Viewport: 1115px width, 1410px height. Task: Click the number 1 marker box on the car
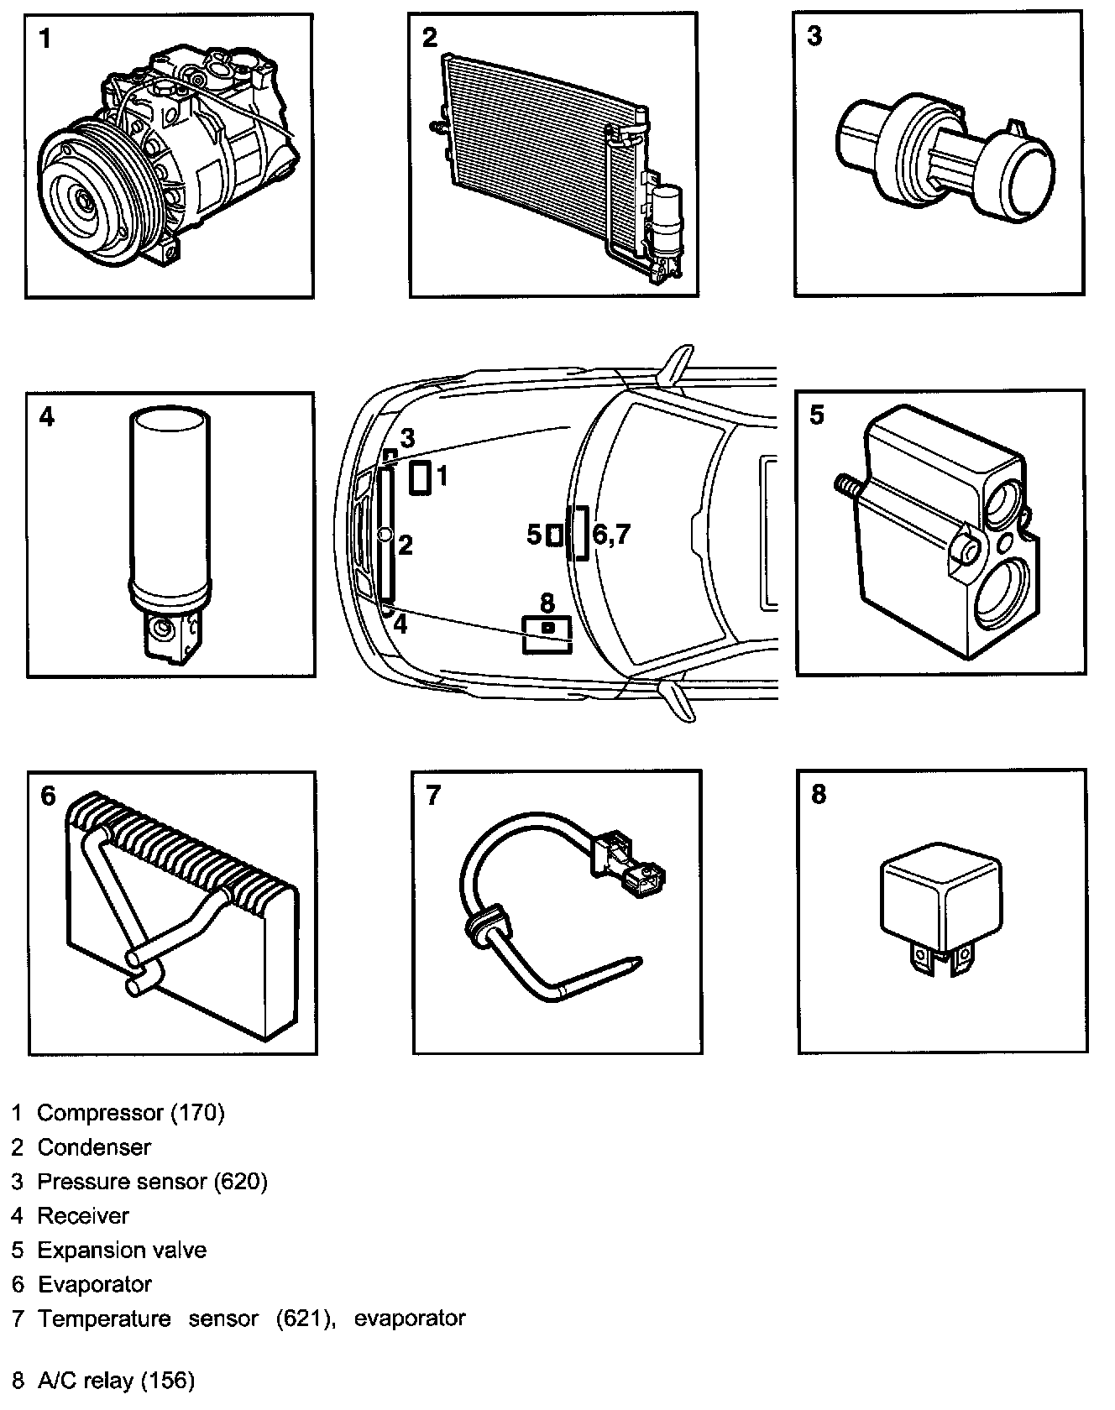(x=421, y=478)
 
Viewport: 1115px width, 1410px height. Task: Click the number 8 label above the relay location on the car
(x=547, y=602)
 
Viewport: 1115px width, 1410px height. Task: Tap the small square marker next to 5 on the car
(x=554, y=535)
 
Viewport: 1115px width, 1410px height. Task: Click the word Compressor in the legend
(x=101, y=1114)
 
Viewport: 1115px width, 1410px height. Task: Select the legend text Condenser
(x=94, y=1147)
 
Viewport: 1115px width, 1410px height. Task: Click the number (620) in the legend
(x=241, y=1182)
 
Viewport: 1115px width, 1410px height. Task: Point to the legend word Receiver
(x=83, y=1216)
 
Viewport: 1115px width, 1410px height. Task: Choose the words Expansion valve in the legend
(x=122, y=1251)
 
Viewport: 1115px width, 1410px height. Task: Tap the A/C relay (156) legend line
(x=103, y=1381)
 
